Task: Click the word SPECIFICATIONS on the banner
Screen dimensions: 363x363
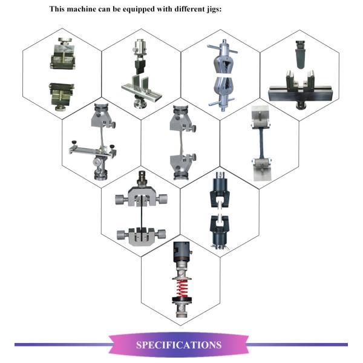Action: pos(178,345)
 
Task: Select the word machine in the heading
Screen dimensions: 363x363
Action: pos(81,9)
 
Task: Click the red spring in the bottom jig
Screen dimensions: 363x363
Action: pos(182,288)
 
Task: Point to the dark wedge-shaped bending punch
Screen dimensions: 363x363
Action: pos(300,54)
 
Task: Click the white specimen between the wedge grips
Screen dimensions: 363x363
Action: pos(223,76)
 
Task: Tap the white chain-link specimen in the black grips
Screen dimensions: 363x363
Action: pos(219,211)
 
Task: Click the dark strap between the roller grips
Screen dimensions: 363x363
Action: pos(261,143)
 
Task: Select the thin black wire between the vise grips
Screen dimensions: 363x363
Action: pos(141,214)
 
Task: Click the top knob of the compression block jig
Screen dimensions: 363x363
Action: pos(65,41)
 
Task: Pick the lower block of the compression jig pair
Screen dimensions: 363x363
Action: pos(61,96)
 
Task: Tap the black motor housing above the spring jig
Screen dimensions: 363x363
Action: pos(181,252)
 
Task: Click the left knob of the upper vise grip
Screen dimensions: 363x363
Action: pos(120,199)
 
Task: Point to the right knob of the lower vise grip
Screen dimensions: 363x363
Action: pos(160,234)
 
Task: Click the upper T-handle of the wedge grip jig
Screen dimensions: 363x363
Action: pos(223,49)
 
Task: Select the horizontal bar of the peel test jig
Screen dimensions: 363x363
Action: pos(92,151)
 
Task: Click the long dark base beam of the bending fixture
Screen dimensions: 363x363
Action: pos(301,94)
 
